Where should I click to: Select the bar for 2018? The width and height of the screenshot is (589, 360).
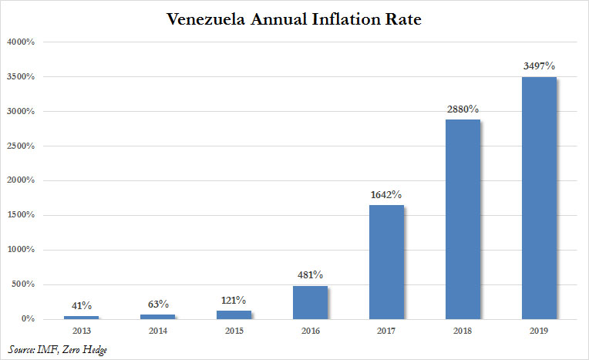click(x=463, y=219)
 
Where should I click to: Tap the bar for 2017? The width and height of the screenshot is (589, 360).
click(x=386, y=261)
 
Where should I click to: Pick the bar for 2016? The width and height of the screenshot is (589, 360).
click(x=310, y=302)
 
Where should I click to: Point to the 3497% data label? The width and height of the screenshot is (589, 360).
click(x=539, y=67)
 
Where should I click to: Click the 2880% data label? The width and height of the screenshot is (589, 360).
click(x=463, y=109)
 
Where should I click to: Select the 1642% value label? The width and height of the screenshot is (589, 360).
click(x=386, y=195)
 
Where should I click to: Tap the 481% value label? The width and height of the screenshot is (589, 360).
click(x=310, y=275)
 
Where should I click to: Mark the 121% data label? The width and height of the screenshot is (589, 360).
click(x=234, y=300)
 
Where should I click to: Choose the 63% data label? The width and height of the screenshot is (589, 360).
click(x=157, y=304)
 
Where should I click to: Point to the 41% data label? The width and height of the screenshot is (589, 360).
click(x=81, y=305)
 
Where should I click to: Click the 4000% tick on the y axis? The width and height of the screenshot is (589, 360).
click(x=22, y=42)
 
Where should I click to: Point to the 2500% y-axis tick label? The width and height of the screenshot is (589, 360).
click(x=22, y=146)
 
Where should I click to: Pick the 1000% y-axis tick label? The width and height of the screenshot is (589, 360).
click(x=22, y=250)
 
